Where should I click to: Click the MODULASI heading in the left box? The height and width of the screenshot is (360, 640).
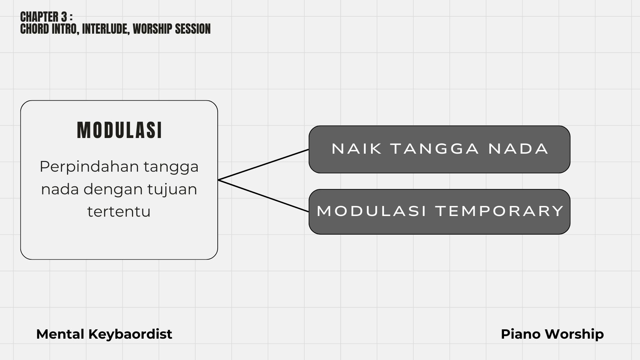pyautogui.click(x=119, y=130)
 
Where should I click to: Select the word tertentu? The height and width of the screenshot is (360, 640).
pyautogui.click(x=119, y=212)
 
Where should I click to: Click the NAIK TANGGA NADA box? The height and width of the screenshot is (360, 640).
pyautogui.click(x=439, y=149)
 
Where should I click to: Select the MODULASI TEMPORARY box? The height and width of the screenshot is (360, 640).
pyautogui.click(x=439, y=212)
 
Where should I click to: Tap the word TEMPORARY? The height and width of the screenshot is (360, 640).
pyautogui.click(x=499, y=211)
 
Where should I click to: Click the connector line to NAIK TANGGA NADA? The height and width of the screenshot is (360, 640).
pyautogui.click(x=263, y=165)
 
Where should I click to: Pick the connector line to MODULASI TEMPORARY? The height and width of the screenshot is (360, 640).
pyautogui.click(x=263, y=196)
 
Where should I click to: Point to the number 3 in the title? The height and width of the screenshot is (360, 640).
pyautogui.click(x=64, y=17)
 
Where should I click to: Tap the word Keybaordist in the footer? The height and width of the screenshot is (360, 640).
pyautogui.click(x=130, y=334)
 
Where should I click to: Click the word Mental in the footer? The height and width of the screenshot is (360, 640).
pyautogui.click(x=60, y=334)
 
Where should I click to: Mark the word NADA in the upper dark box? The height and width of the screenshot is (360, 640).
pyautogui.click(x=518, y=149)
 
